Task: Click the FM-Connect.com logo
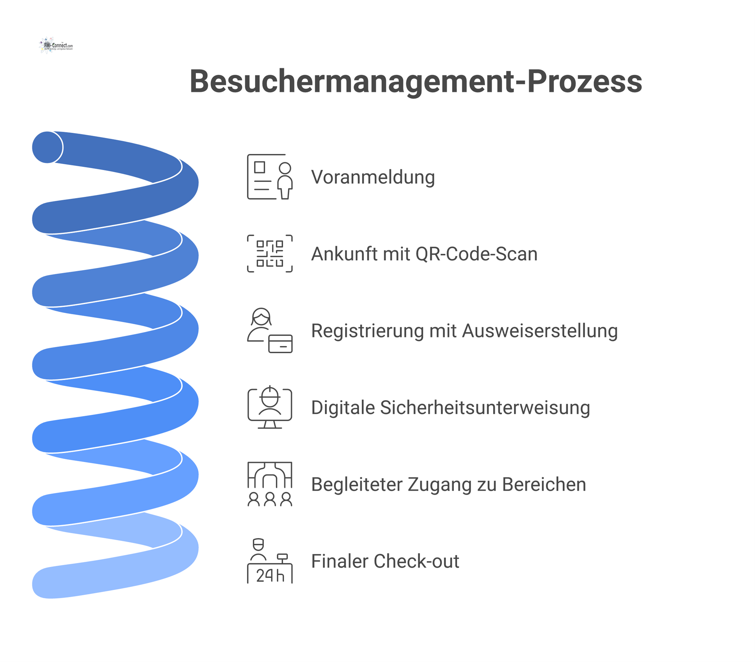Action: point(56,46)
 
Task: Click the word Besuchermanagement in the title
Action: point(352,81)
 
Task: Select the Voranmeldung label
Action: point(373,177)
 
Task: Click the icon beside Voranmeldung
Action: point(270,177)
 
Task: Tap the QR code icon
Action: point(270,254)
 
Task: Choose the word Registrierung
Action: point(367,331)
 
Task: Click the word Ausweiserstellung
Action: point(540,331)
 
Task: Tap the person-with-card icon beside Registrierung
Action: point(270,330)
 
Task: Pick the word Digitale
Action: point(343,407)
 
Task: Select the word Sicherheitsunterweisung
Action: point(485,407)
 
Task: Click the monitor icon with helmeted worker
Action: point(270,407)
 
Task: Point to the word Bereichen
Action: point(544,484)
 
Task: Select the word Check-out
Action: point(416,561)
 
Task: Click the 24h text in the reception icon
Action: point(270,576)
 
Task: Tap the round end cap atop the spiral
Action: point(47,147)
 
